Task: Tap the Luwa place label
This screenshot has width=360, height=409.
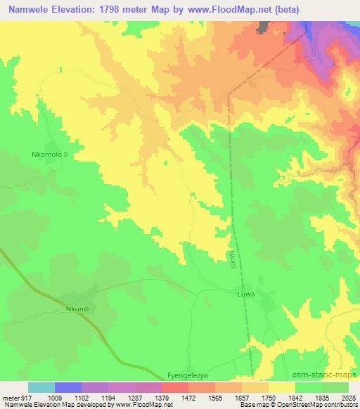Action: click(x=245, y=294)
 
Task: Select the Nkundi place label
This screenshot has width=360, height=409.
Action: click(x=79, y=308)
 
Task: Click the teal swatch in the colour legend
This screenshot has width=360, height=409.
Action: click(x=41, y=387)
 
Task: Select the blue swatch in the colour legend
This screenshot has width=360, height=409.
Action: click(x=67, y=387)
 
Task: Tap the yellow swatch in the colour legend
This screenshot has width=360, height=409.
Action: click(x=281, y=387)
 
